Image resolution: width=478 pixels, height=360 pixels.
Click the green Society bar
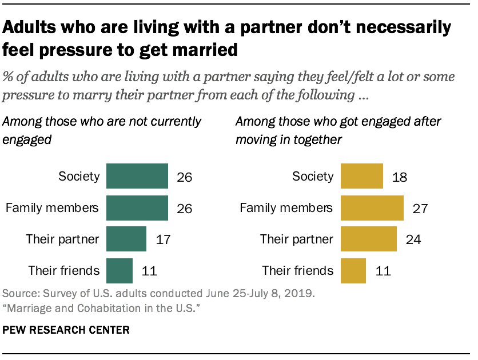point(137,177)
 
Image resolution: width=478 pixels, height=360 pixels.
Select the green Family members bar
point(137,207)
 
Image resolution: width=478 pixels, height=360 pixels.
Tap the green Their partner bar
point(126,238)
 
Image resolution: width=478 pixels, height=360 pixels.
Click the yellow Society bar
point(362,177)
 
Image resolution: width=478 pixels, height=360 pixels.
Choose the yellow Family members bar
point(372,207)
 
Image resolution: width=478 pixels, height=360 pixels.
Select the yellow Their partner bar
point(369,238)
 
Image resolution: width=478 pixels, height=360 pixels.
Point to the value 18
point(400,177)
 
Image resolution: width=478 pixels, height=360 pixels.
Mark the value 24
point(413,239)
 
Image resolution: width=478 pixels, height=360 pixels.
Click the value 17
point(163,239)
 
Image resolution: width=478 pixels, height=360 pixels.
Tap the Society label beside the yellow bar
point(313,176)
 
